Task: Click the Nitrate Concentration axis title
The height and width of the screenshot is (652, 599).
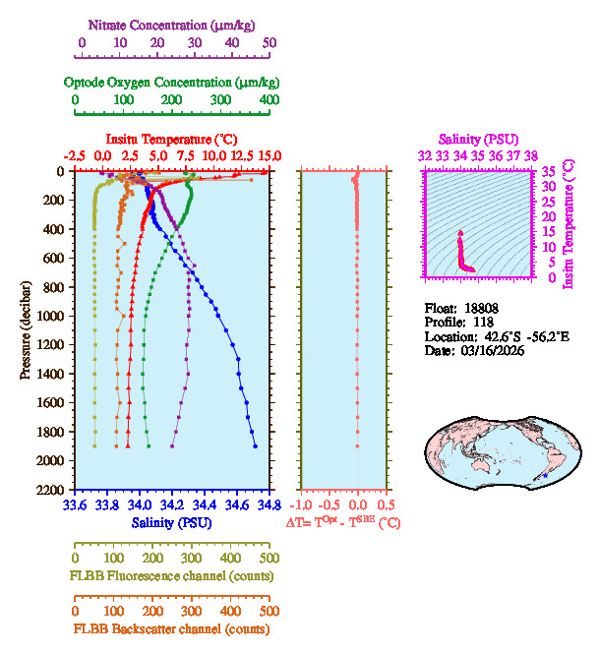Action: (x=175, y=23)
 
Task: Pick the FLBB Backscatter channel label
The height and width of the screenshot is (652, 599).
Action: (x=171, y=628)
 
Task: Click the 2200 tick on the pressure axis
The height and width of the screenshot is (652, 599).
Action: (x=52, y=490)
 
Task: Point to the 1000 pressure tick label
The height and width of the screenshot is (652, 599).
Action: (x=52, y=316)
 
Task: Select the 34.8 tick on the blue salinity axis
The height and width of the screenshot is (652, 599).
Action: (x=266, y=504)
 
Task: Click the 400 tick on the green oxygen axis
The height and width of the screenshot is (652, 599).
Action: (x=269, y=99)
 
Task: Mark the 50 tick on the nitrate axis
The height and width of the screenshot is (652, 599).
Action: (x=270, y=43)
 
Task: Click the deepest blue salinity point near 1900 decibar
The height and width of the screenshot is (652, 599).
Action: (x=255, y=445)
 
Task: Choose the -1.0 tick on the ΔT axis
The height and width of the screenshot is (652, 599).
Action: (x=303, y=504)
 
